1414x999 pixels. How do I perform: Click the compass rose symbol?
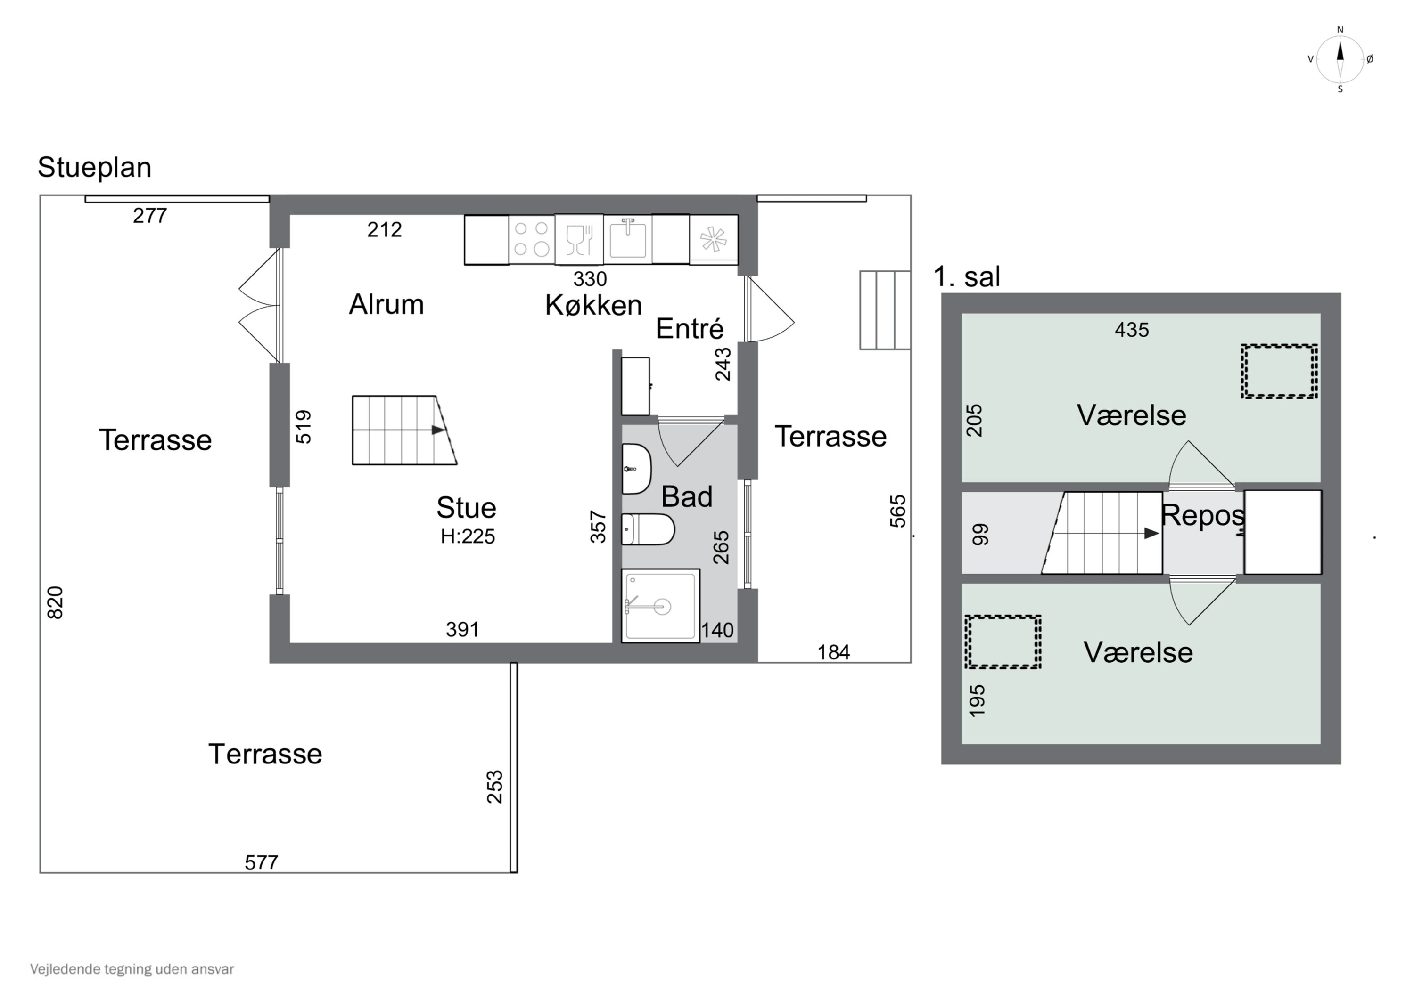[x=1340, y=59]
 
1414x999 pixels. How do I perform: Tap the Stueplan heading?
[x=94, y=167]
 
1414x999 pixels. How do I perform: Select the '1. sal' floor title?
[x=967, y=277]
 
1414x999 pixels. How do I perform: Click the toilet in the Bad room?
[x=648, y=529]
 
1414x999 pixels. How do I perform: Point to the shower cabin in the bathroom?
[x=660, y=606]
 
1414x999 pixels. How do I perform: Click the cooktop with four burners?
[x=532, y=239]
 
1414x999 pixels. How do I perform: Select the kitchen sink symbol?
[x=627, y=239]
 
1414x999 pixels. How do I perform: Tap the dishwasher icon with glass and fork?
[x=579, y=239]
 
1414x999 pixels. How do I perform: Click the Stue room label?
[x=466, y=508]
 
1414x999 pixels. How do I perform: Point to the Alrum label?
[x=387, y=305]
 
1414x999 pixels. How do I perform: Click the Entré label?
[x=690, y=329]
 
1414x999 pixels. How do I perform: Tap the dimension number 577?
[x=261, y=862]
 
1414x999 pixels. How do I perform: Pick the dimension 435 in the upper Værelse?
[x=1132, y=330]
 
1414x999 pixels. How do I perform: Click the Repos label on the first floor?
[x=1203, y=516]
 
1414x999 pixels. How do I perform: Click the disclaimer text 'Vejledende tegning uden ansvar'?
[x=132, y=969]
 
